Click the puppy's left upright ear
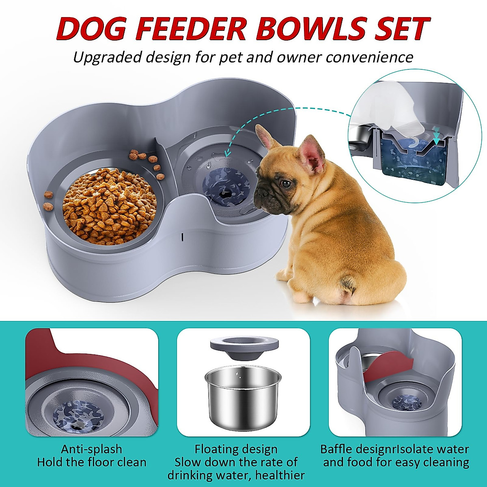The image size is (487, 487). [266, 138]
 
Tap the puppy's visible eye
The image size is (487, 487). [286, 183]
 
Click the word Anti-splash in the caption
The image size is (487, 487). [91, 449]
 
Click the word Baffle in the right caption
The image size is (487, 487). [339, 449]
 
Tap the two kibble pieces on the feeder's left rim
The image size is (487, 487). [48, 207]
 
